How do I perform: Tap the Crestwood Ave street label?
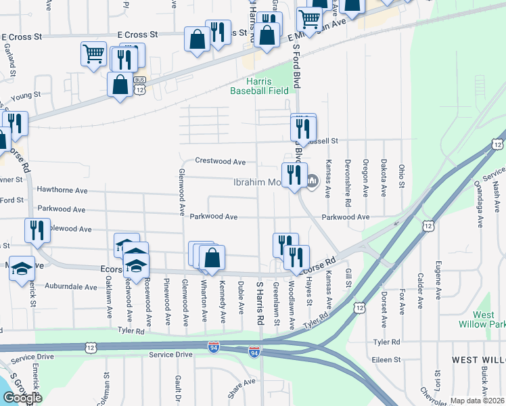click(x=220, y=162)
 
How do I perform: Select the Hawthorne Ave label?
click(x=63, y=191)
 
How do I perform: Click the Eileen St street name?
click(x=388, y=360)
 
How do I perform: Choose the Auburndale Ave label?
click(x=71, y=287)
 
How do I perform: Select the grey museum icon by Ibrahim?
click(x=312, y=180)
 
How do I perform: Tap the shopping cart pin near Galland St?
click(x=93, y=53)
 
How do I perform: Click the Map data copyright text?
click(x=478, y=401)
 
